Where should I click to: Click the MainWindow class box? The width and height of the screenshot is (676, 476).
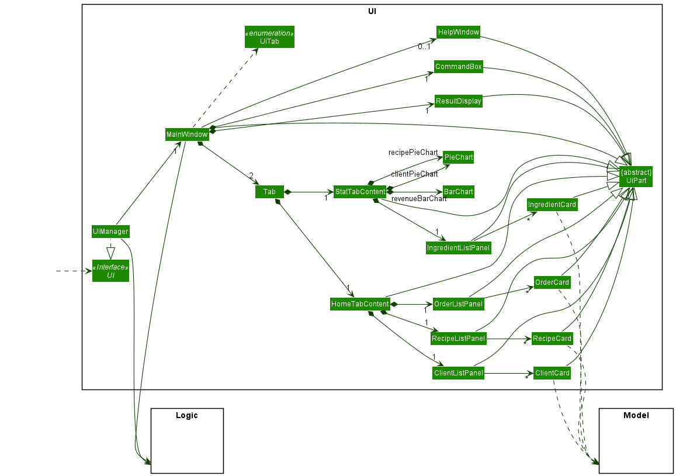tap(186, 134)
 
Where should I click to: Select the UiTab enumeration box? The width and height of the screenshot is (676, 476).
tap(269, 37)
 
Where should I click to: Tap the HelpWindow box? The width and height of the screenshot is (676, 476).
tap(458, 32)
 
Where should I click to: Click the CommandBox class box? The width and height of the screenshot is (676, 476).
tap(459, 67)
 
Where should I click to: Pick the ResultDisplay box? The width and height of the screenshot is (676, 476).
tap(459, 101)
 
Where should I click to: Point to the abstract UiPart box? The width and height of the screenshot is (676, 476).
tap(636, 177)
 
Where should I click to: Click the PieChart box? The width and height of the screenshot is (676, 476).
tap(458, 157)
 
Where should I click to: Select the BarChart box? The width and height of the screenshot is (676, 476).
tap(458, 192)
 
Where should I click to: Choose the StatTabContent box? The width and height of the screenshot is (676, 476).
tap(360, 192)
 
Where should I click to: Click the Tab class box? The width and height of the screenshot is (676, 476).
tap(269, 192)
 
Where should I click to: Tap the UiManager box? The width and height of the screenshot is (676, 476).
tap(110, 232)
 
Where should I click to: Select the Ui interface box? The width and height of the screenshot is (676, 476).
tap(110, 271)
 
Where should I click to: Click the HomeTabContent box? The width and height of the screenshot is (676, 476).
tap(360, 304)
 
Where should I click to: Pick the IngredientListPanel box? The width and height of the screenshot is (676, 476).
tap(458, 248)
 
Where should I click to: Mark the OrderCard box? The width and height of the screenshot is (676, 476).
tap(552, 282)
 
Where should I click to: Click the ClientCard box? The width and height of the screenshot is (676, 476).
tap(552, 373)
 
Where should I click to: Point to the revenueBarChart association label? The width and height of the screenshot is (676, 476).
tap(419, 199)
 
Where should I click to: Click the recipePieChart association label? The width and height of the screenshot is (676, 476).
tap(413, 153)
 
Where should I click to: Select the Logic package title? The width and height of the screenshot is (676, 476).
tap(187, 416)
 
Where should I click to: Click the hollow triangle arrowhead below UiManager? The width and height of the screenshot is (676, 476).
tap(110, 253)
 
